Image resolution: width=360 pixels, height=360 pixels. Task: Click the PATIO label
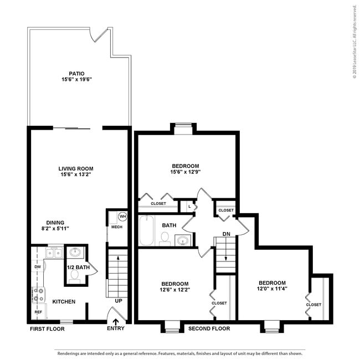(x=76, y=73)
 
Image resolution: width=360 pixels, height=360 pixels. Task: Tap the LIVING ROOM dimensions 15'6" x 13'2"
(x=76, y=175)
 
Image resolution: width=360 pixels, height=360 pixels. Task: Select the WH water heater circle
(x=122, y=216)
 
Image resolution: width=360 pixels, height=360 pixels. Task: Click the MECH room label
(x=117, y=227)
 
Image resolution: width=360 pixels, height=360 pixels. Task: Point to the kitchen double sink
(x=53, y=253)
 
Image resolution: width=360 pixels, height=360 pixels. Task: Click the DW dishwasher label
(x=38, y=267)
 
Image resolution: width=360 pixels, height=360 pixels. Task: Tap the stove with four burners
(x=39, y=295)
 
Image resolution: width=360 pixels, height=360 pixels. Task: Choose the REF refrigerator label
(x=38, y=312)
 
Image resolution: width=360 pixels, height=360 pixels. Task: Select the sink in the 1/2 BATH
(x=76, y=253)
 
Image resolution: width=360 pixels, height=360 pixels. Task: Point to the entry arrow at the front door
(x=116, y=321)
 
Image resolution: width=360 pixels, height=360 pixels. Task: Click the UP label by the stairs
(x=118, y=301)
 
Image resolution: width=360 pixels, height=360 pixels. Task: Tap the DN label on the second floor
(x=226, y=234)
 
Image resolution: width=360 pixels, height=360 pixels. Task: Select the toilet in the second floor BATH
(x=164, y=238)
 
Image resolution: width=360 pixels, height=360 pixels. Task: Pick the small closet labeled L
(x=189, y=207)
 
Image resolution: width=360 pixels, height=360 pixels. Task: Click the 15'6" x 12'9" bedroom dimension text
(x=185, y=172)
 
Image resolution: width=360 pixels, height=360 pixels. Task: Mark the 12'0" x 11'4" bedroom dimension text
(x=271, y=288)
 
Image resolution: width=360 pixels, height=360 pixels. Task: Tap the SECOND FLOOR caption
(x=209, y=328)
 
